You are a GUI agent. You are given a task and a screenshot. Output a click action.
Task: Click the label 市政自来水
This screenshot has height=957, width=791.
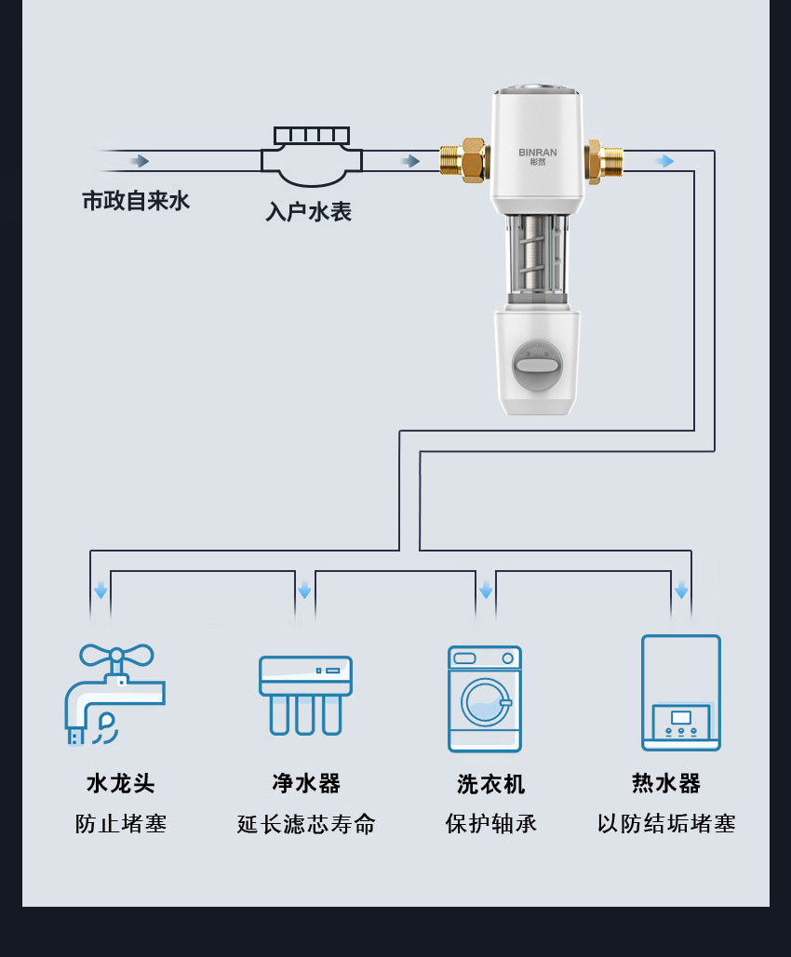tap(136, 201)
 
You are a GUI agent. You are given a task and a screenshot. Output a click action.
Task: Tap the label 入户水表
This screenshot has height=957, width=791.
tap(309, 212)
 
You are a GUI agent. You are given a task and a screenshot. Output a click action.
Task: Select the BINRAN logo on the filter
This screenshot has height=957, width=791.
tap(536, 153)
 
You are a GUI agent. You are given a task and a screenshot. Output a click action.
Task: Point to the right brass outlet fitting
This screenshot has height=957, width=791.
tap(605, 160)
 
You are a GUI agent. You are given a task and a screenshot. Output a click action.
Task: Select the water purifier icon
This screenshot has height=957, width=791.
tap(305, 694)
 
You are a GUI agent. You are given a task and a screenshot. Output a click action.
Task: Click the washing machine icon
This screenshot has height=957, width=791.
tap(485, 698)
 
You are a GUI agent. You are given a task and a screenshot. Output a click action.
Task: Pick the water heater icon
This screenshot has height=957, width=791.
tap(681, 693)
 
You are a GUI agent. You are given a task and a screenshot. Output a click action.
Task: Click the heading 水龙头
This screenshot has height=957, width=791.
tap(121, 783)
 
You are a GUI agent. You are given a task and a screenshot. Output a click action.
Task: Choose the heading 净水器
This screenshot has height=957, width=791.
tap(306, 783)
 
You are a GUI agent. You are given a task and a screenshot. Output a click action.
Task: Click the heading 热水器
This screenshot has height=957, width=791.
tap(666, 783)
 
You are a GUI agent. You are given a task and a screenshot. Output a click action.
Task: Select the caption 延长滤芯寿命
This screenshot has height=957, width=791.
tap(306, 824)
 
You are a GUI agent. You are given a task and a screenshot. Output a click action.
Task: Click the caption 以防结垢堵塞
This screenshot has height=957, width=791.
tap(666, 824)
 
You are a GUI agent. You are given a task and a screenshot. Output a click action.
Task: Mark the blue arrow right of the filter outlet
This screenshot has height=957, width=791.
tap(664, 162)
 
